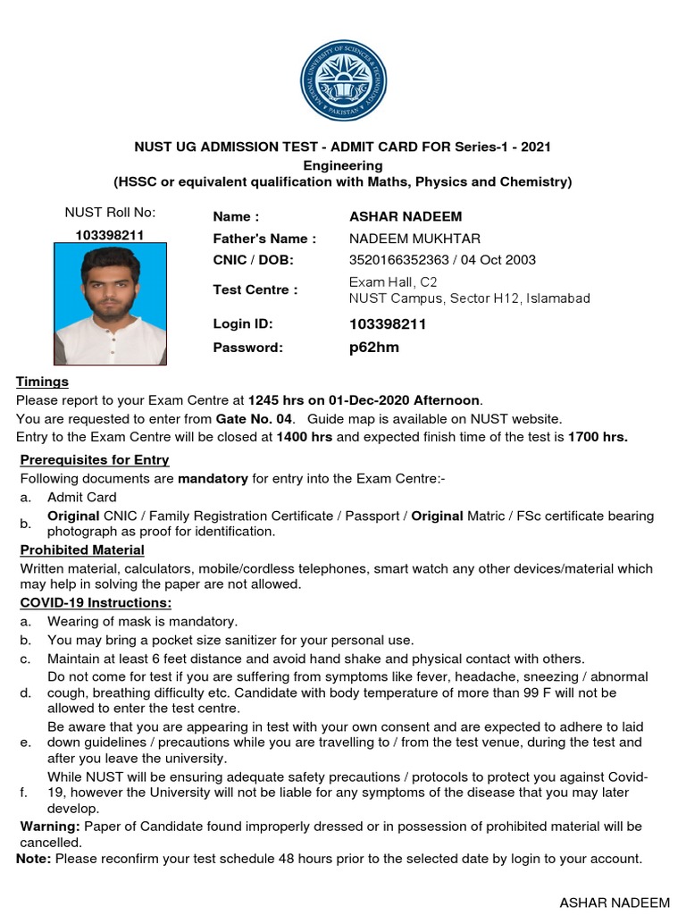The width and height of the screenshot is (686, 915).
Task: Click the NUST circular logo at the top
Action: (343, 80)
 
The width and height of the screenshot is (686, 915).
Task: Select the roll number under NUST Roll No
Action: (110, 235)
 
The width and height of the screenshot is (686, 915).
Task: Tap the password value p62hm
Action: (374, 348)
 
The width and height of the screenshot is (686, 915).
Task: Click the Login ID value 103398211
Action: (388, 324)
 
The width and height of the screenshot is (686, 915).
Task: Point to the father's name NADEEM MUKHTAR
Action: (414, 239)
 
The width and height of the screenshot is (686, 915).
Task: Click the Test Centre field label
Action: (255, 290)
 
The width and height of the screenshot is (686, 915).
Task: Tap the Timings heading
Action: (42, 382)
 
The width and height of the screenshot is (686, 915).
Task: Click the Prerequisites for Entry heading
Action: (95, 460)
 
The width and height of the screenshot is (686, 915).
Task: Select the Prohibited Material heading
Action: (82, 550)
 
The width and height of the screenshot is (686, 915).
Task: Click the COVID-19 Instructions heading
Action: (89, 602)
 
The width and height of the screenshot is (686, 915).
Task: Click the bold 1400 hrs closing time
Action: (305, 437)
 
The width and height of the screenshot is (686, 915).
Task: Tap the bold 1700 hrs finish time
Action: (598, 437)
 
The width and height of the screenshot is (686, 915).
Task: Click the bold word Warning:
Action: (50, 827)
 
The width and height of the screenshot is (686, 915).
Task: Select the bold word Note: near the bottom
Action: (34, 859)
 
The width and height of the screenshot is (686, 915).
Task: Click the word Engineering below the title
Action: (343, 165)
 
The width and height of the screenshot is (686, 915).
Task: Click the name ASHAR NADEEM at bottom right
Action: (615, 902)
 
